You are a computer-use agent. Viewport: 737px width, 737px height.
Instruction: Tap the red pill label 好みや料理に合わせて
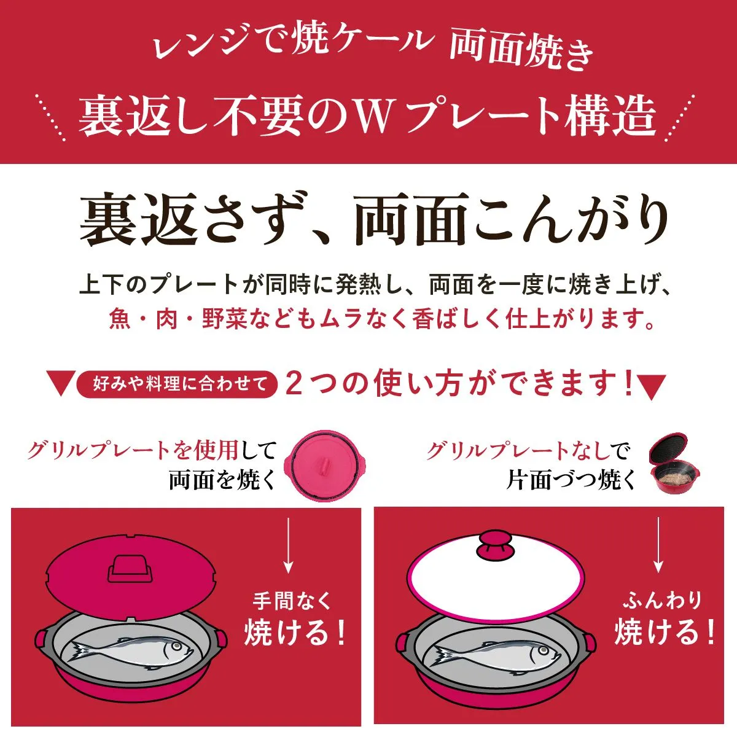pos(177,384)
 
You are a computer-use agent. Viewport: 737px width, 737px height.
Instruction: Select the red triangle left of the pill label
pos(60,384)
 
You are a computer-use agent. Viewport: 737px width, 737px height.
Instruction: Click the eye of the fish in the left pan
pos(176,645)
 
